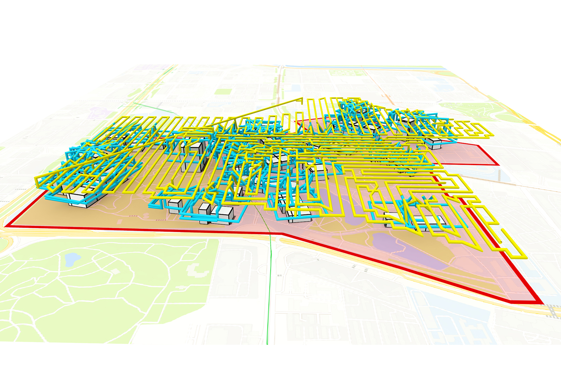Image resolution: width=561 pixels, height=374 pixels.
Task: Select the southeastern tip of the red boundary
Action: pyautogui.click(x=542, y=303)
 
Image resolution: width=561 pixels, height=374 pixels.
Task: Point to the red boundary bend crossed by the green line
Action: pyautogui.click(x=282, y=234)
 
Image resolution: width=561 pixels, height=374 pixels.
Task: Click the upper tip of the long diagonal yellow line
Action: pyautogui.click(x=302, y=99)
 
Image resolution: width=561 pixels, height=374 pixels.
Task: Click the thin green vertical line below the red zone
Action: pyautogui.click(x=268, y=294)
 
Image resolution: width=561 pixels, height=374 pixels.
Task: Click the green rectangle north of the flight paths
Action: pyautogui.click(x=223, y=91)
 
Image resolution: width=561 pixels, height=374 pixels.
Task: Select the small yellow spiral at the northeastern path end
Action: pyautogui.click(x=473, y=130)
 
